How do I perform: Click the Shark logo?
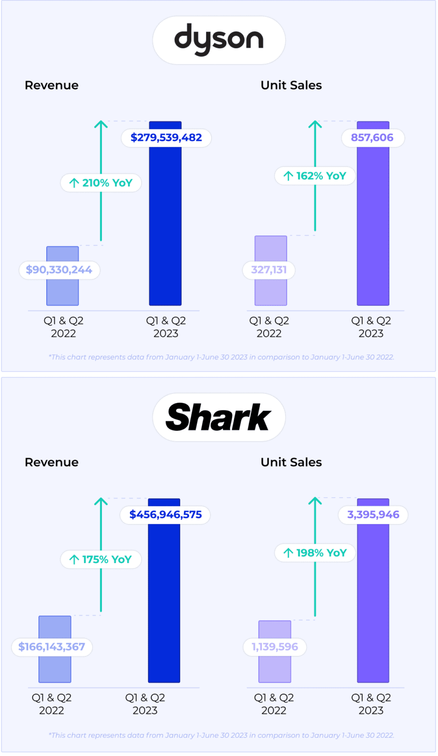[x=219, y=417]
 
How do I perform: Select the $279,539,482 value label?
[x=166, y=138]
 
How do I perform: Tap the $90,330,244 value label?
[x=59, y=270]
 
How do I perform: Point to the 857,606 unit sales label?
[x=373, y=138]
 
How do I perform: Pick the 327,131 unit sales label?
[x=269, y=270]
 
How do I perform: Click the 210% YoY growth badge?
[x=101, y=183]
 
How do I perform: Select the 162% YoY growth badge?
[x=315, y=176]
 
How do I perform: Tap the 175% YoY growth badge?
[x=101, y=560]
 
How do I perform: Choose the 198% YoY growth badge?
[x=315, y=553]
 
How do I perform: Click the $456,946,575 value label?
[x=165, y=515]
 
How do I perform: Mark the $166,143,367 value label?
[x=52, y=647]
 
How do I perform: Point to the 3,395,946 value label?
[x=373, y=515]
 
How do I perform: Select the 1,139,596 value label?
[x=275, y=647]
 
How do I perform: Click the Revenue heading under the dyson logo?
[x=52, y=85]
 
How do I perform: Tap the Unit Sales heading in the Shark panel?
[x=291, y=462]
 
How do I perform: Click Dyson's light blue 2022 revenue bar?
[x=63, y=290]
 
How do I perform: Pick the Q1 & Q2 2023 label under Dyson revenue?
[x=166, y=327]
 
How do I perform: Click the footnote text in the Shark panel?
[x=221, y=735]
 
